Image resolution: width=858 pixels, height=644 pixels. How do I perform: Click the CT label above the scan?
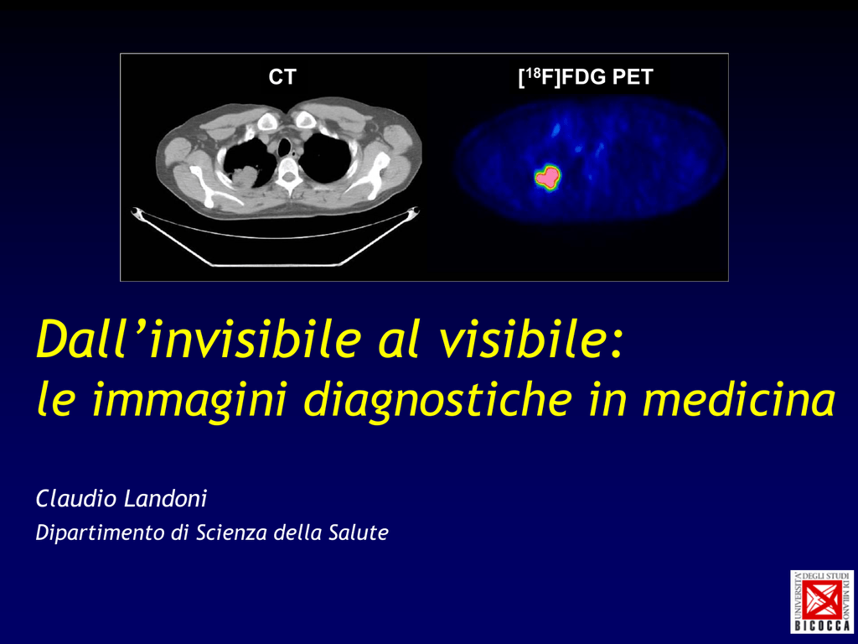click(x=282, y=77)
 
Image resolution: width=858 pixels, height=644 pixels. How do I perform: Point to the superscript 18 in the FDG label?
click(x=532, y=72)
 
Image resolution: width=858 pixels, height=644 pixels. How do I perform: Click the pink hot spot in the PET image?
click(x=546, y=176)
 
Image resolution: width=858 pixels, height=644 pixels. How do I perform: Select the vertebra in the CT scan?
click(x=287, y=173)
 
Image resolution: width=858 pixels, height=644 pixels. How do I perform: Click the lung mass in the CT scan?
click(x=246, y=178)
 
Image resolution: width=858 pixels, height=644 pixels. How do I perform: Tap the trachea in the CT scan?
click(x=285, y=146)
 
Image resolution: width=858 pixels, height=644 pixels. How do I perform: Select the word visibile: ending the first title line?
click(x=530, y=340)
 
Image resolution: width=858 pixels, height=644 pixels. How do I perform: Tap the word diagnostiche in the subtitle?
click(x=438, y=402)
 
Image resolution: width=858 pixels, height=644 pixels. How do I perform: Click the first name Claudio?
click(x=76, y=499)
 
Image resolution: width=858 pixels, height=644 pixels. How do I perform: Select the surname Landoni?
click(x=165, y=499)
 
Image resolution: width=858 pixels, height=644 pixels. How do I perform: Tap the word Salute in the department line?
click(x=359, y=532)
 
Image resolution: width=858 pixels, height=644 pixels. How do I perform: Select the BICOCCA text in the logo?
click(x=822, y=625)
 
